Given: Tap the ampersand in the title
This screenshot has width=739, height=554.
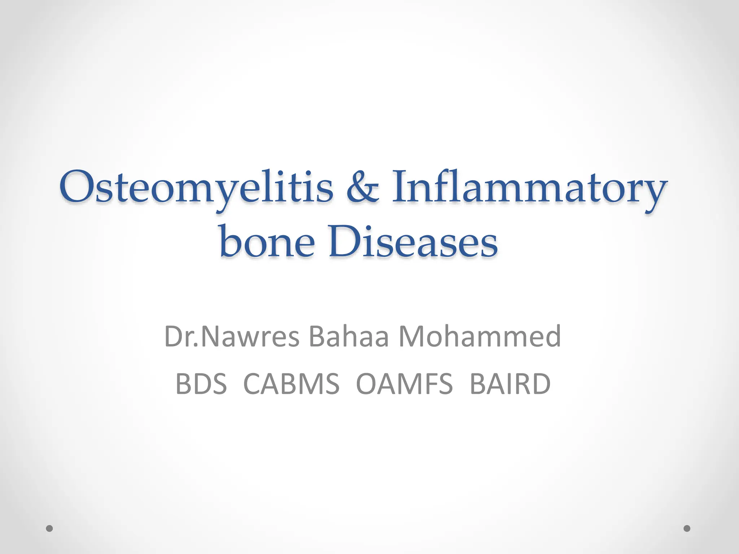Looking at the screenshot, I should click(363, 188).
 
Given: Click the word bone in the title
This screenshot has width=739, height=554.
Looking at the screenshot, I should click(267, 241).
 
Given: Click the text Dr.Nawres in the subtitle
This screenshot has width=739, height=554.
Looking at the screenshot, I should click(232, 337).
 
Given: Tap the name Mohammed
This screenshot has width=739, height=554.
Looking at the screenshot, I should click(480, 337).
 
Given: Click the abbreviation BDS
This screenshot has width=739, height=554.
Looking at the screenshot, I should click(201, 384).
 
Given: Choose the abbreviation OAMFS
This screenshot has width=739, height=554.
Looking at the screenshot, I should click(404, 384).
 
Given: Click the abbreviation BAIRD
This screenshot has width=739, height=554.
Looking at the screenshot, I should click(510, 384).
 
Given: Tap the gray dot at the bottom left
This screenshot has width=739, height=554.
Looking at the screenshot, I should click(50, 529).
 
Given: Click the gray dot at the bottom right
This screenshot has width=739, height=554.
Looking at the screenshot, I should click(687, 528).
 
